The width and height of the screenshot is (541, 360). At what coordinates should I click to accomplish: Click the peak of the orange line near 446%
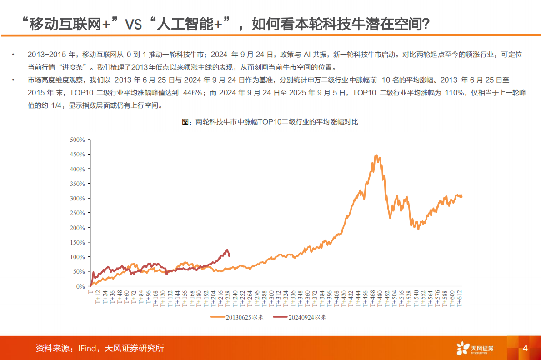pyautogui.click(x=376, y=155)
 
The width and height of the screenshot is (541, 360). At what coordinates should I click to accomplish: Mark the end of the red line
pyautogui.click(x=229, y=255)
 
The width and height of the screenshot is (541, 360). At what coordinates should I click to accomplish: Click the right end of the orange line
pyautogui.click(x=462, y=196)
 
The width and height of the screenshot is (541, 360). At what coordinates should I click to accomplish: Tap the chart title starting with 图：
pyautogui.click(x=270, y=121)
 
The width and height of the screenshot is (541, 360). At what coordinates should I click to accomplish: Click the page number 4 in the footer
pyautogui.click(x=525, y=349)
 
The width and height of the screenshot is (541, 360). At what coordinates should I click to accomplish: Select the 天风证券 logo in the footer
pyautogui.click(x=475, y=349)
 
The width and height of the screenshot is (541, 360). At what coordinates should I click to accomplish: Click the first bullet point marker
pyautogui.click(x=14, y=55)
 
